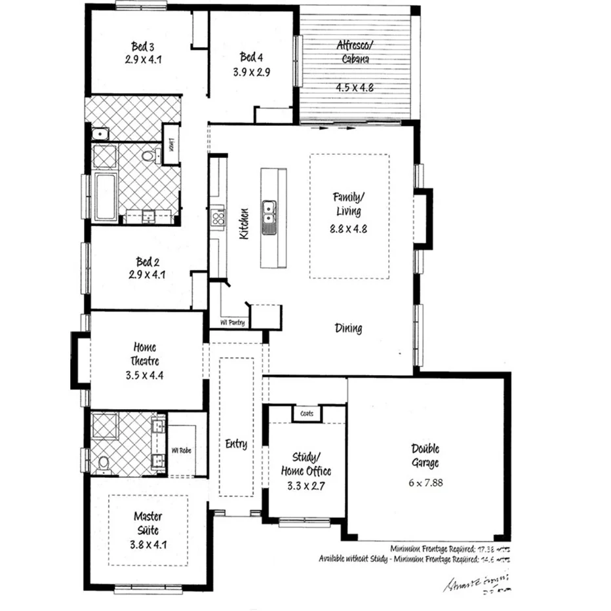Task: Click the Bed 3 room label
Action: [142, 47]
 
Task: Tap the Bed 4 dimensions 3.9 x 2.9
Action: [251, 72]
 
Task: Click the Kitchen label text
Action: [244, 224]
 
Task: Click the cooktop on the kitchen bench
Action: [217, 216]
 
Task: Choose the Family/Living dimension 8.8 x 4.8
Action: [347, 229]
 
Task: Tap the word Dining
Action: [348, 328]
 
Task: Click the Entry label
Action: [236, 444]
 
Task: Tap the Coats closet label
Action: [307, 414]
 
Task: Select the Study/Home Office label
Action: [306, 465]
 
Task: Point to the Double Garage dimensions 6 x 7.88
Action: [425, 481]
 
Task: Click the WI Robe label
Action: [182, 450]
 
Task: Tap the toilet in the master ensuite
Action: [104, 463]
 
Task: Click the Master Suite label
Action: [148, 523]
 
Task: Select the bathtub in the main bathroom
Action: [105, 197]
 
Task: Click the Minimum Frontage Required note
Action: [450, 548]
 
